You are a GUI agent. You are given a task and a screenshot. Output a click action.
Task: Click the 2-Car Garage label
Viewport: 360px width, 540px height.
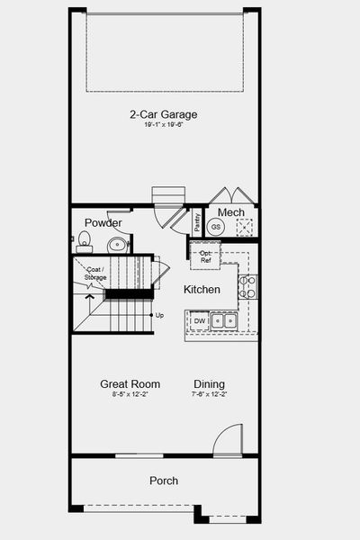[163, 114]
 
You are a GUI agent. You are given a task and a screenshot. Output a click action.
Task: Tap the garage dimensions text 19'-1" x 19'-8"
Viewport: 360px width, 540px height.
[163, 125]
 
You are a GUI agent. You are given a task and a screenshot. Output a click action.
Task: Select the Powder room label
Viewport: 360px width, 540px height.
[103, 222]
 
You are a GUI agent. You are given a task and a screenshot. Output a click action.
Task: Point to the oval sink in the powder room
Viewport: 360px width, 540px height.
[117, 244]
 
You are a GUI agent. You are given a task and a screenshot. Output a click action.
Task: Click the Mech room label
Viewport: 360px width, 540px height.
[230, 212]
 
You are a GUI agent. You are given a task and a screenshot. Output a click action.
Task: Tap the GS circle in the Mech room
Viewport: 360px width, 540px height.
[216, 227]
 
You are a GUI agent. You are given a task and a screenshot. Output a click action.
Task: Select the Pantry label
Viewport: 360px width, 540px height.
[197, 221]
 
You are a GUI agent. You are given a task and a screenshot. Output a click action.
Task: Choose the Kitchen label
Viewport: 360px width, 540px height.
[202, 290]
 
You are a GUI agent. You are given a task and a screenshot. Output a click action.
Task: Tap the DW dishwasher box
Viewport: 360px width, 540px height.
[199, 319]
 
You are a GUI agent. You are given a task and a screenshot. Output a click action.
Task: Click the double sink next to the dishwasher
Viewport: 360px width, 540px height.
[225, 319]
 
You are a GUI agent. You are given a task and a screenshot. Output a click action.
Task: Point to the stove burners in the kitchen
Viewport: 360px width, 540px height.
[248, 287]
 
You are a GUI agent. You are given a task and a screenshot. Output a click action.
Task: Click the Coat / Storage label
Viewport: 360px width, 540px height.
[95, 273]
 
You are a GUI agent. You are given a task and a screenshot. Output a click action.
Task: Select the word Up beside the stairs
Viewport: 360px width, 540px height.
[159, 315]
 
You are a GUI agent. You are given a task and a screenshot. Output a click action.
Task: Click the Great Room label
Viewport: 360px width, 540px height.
[130, 384]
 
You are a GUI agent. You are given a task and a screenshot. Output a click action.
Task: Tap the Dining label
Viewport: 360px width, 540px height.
[209, 384]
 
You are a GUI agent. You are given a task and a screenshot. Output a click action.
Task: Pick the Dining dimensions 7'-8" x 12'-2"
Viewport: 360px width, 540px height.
[209, 394]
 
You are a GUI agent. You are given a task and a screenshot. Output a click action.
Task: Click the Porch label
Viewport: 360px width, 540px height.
[163, 481]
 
